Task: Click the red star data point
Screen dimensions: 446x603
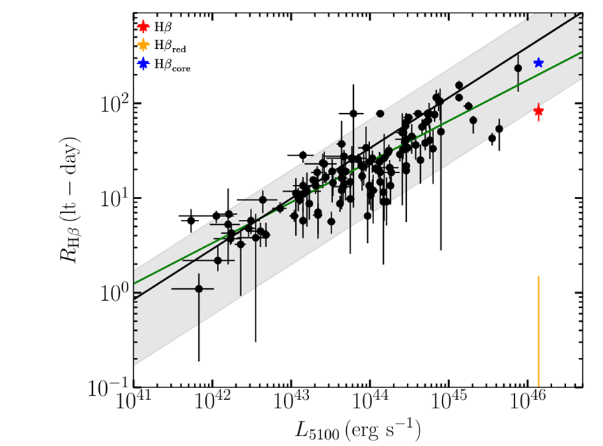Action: (538, 111)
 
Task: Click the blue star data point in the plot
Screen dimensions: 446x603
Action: (538, 63)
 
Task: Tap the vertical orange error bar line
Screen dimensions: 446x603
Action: (538, 328)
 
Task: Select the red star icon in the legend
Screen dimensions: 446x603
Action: (143, 27)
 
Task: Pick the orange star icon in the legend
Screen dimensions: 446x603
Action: (143, 46)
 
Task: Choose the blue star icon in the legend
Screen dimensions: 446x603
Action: (143, 64)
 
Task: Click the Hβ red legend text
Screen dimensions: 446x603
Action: (170, 47)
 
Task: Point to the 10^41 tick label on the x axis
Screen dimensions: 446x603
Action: (133, 403)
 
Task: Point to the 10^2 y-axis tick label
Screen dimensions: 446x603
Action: (110, 103)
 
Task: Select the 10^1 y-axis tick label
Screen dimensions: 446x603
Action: (110, 198)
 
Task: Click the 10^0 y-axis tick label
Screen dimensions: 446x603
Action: (110, 292)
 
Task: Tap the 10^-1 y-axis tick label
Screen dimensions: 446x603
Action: (106, 385)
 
